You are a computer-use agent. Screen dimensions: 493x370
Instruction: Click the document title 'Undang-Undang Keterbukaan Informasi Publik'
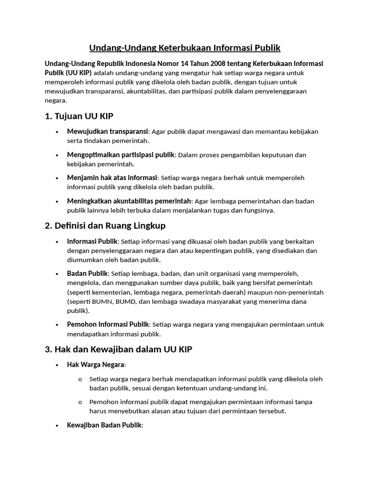(x=185, y=48)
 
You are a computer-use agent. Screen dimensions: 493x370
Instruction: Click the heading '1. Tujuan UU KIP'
(x=79, y=116)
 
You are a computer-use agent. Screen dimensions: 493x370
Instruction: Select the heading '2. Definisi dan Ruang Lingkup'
(x=105, y=225)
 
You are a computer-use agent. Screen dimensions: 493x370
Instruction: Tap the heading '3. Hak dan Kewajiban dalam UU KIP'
(x=118, y=350)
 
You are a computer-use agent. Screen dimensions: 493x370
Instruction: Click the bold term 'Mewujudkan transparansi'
(x=108, y=131)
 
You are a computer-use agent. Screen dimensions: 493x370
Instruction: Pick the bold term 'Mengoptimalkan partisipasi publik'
(x=121, y=155)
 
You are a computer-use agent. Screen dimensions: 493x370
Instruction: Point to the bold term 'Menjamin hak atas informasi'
(x=112, y=178)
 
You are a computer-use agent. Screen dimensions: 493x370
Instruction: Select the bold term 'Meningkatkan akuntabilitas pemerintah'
(x=129, y=201)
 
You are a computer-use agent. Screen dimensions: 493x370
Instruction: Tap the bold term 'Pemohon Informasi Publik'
(x=108, y=324)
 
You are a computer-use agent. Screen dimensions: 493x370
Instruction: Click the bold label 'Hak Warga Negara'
(x=96, y=364)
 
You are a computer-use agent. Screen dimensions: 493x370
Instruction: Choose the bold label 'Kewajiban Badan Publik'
(x=105, y=425)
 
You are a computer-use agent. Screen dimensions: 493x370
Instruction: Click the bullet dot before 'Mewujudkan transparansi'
(x=57, y=132)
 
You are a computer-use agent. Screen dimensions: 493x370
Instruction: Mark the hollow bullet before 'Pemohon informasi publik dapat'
(x=79, y=402)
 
